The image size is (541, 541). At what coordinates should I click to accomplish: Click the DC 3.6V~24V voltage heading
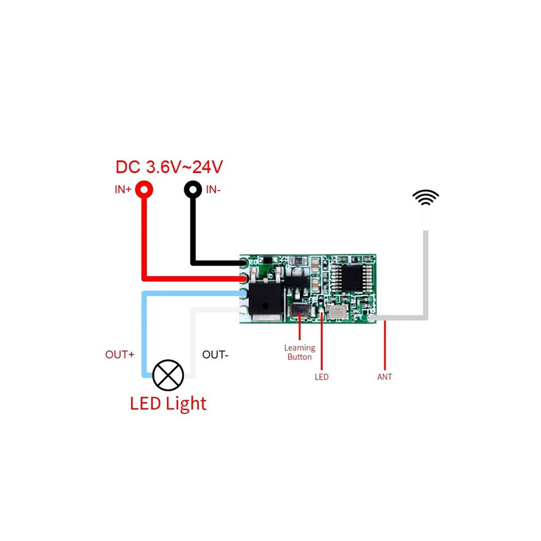169,167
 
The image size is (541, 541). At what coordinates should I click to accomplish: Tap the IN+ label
123,190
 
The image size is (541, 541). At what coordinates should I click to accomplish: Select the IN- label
213,190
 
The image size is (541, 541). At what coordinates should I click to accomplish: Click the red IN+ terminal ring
144,190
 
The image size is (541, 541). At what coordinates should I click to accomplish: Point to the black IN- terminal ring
193,190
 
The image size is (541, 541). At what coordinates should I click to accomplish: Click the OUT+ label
120,355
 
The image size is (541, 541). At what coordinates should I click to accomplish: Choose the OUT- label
215,355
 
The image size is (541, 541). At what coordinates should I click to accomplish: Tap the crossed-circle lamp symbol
168,375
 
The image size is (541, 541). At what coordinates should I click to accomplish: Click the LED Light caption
168,403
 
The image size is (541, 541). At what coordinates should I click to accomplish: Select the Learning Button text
299,352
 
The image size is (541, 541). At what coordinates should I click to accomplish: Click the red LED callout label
321,377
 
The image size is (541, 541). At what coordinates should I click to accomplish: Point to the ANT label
385,377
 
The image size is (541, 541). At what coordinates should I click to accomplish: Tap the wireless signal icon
426,197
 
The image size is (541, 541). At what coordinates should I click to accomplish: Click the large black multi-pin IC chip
352,278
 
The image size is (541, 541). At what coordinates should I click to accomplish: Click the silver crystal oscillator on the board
336,312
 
